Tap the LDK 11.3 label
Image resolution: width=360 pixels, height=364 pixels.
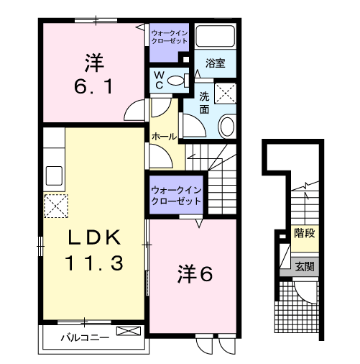(x=96, y=250)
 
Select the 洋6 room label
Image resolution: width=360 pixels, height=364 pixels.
(x=193, y=273)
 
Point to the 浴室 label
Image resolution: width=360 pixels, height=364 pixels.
(x=216, y=63)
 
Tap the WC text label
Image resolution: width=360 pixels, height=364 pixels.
(x=160, y=80)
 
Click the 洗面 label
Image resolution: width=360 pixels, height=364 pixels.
(x=204, y=103)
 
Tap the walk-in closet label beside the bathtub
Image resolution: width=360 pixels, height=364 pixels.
(x=168, y=36)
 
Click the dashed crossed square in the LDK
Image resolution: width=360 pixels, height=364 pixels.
(x=55, y=206)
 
